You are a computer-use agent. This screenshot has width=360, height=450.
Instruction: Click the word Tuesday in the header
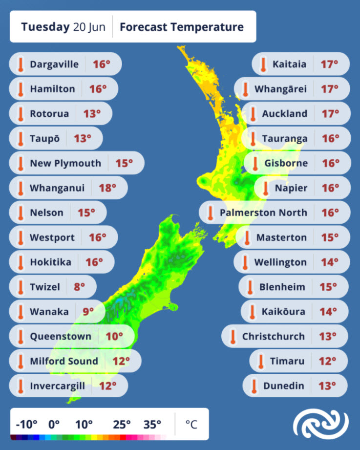point(45,26)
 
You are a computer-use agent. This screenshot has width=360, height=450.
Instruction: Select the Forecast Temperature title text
point(181,26)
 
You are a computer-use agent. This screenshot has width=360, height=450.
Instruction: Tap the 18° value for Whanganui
point(107,188)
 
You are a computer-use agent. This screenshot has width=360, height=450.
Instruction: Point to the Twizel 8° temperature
point(80,287)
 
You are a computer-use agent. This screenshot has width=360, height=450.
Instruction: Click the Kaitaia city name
point(290,64)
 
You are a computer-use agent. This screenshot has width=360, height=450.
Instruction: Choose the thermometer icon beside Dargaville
point(21,64)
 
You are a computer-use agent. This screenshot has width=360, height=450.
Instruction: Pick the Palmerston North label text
point(263,213)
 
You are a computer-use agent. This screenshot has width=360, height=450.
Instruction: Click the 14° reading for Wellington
point(330,262)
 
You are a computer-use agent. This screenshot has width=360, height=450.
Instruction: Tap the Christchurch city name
point(274,336)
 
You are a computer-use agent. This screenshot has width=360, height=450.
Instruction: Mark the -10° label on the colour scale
point(27,424)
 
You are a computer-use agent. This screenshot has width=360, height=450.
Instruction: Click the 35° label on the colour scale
point(152,424)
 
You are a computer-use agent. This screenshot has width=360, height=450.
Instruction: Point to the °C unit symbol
point(191,424)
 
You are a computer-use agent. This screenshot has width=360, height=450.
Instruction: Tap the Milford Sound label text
point(64,361)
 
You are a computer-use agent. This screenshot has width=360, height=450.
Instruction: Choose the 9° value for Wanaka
point(88,311)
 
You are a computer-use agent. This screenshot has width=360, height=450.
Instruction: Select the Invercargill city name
point(58,386)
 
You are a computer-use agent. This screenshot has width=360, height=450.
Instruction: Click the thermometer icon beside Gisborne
point(255,163)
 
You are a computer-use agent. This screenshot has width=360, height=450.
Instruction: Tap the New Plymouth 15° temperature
point(124,163)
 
